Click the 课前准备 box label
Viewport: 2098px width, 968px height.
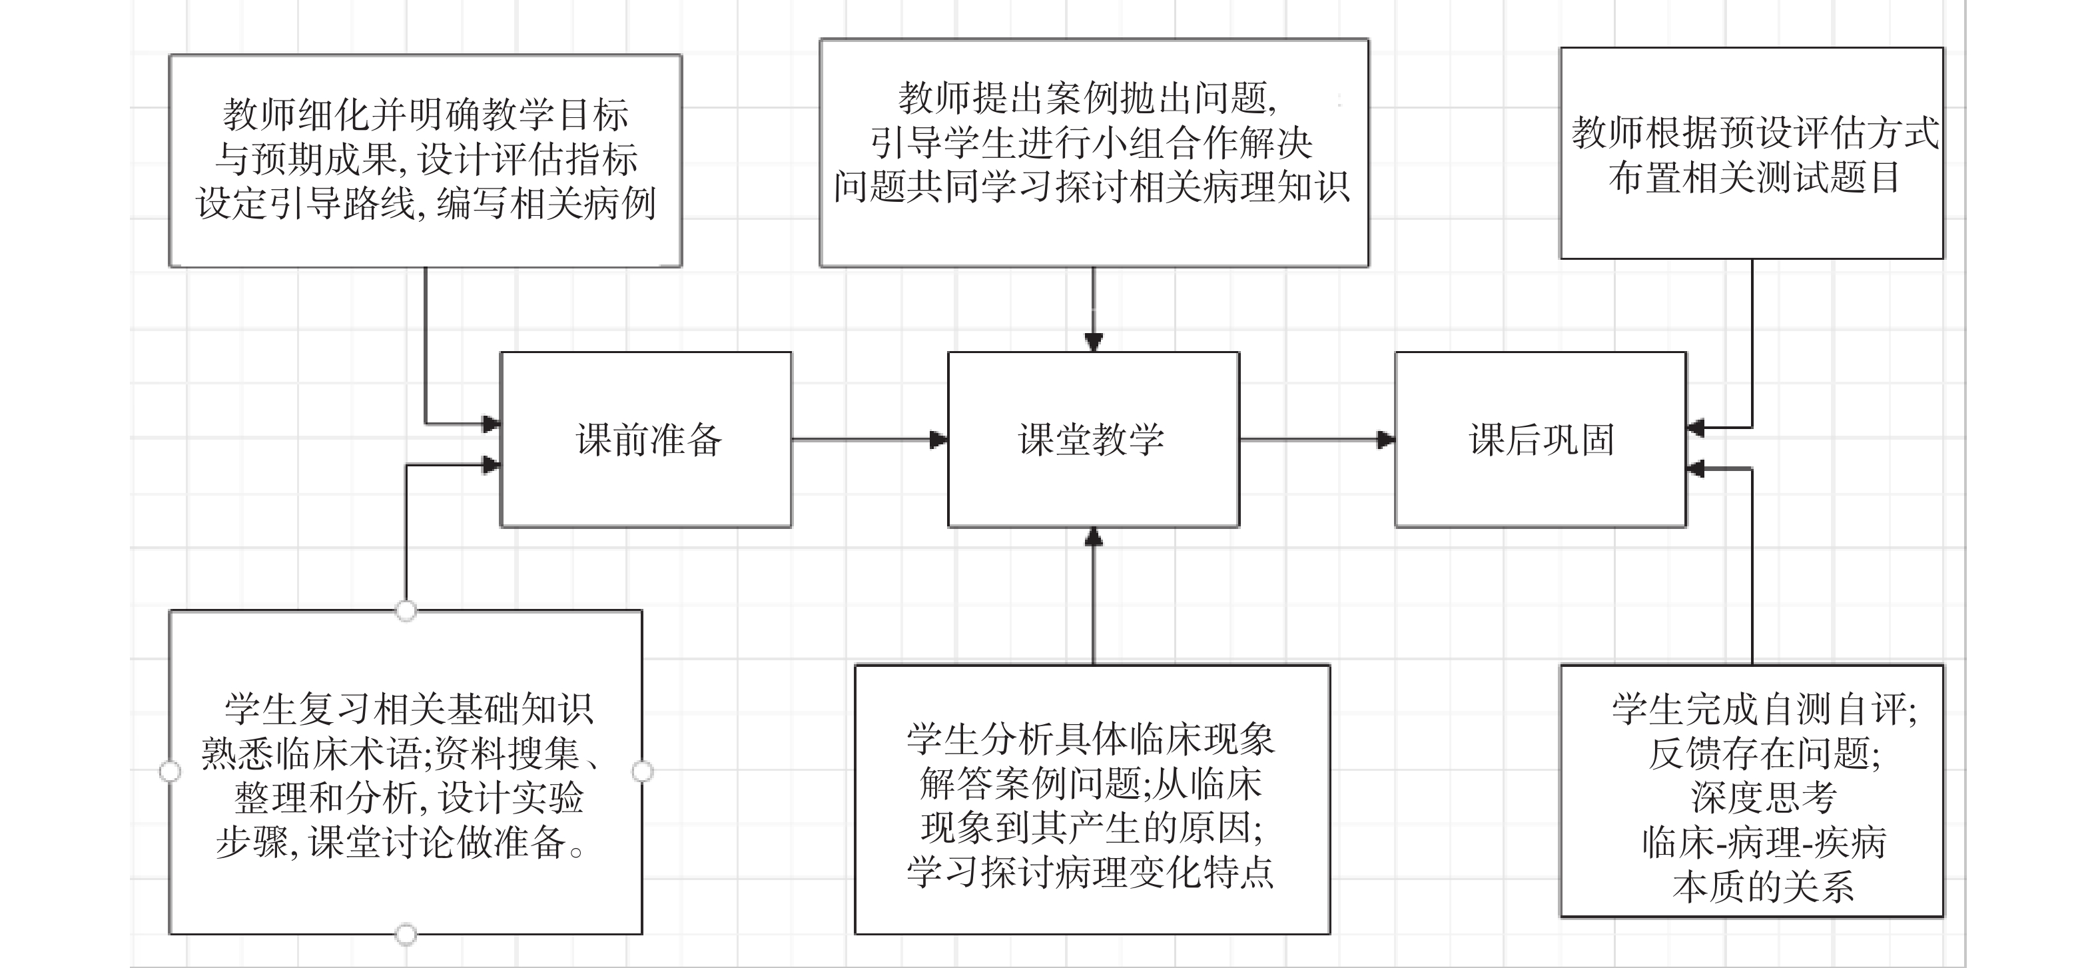tap(648, 440)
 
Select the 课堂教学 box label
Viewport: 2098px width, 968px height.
tap(1092, 440)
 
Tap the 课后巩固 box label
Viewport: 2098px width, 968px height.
tap(1541, 440)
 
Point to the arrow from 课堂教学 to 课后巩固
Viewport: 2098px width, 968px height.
tap(1316, 440)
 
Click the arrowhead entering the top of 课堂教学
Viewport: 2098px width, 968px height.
tap(1094, 342)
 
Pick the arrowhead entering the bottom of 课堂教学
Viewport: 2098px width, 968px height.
tap(1094, 537)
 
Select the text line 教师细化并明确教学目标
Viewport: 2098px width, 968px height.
tap(425, 116)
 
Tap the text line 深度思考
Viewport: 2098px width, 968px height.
tap(1762, 797)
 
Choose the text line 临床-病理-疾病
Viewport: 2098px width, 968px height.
tap(1762, 841)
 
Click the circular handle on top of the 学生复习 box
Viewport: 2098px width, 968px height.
tap(406, 610)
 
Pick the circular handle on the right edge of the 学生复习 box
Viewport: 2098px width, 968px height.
tap(643, 771)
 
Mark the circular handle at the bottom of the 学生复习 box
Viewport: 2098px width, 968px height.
tap(406, 934)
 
